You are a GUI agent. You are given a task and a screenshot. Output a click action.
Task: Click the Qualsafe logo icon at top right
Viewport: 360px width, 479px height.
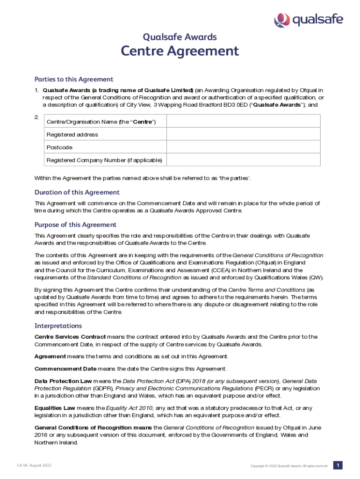point(281,20)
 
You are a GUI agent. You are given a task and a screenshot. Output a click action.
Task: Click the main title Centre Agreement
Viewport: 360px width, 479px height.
point(180,51)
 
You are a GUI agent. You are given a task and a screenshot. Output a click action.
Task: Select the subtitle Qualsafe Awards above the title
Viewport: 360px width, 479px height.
point(180,37)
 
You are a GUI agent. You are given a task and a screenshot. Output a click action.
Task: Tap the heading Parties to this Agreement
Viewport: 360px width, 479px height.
point(74,79)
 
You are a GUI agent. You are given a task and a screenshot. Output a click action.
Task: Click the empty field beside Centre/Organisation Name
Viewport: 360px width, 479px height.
point(243,121)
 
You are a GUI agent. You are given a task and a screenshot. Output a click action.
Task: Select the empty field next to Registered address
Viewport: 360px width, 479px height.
point(243,134)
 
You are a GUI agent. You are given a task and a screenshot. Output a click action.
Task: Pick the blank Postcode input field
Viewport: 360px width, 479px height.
point(243,147)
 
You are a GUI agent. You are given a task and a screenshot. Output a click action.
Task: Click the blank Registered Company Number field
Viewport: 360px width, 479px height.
point(243,160)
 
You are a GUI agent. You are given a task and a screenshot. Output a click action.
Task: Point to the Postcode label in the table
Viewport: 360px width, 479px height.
point(59,147)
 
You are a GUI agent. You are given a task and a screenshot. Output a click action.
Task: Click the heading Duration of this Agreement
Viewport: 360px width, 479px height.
point(77,192)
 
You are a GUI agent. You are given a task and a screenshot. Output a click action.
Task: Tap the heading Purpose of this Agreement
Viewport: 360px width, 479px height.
point(75,225)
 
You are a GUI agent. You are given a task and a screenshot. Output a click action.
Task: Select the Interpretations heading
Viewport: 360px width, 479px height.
point(58,326)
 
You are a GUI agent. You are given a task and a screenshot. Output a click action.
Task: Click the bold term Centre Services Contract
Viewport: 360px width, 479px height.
point(70,336)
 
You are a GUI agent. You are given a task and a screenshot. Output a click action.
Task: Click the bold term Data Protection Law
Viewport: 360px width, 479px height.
point(63,381)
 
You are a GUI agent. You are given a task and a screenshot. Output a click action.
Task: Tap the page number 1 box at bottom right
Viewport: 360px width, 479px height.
point(338,465)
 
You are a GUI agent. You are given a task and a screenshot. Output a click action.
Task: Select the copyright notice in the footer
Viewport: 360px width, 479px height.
point(289,466)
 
